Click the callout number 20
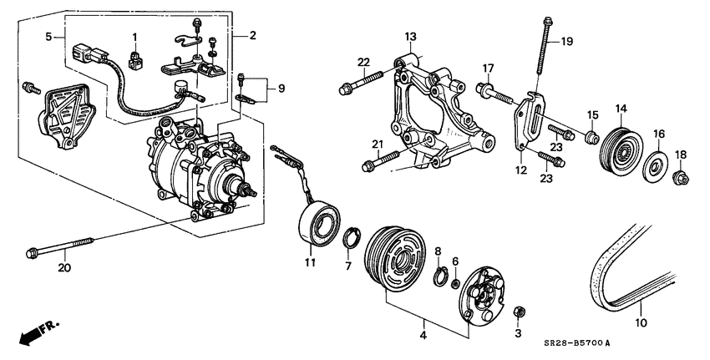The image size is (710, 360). click(65, 268)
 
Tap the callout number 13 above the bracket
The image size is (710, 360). click(410, 36)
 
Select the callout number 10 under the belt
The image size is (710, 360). click(642, 323)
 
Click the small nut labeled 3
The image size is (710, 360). click(518, 312)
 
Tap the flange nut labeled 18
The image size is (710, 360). click(680, 178)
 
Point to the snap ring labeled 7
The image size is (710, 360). click(352, 239)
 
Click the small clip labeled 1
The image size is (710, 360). click(134, 60)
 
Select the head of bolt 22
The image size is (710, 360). click(345, 89)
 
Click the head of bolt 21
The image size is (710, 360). click(368, 167)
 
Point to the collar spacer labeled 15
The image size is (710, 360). click(590, 136)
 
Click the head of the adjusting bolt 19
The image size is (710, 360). click(547, 21)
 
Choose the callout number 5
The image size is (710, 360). click(48, 37)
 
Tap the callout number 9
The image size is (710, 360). click(281, 89)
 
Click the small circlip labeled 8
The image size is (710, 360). click(439, 277)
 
